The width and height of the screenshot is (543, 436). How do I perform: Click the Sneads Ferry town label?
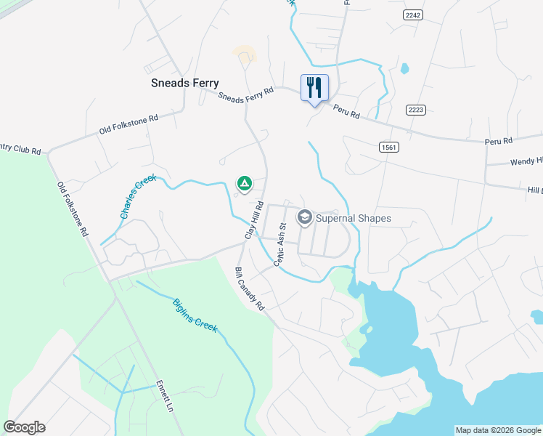184,83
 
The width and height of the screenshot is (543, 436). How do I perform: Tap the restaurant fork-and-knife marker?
314,88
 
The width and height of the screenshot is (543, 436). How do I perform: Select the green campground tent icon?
245,182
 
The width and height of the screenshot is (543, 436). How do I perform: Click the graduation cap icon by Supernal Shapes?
305,217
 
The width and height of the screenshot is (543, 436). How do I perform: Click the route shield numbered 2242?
413,15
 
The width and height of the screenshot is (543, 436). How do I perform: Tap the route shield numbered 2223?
416,109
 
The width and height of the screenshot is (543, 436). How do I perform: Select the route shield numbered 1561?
388,147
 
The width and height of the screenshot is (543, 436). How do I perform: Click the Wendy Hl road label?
526,161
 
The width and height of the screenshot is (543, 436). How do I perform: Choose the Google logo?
24,427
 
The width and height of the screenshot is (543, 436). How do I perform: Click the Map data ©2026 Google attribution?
498,430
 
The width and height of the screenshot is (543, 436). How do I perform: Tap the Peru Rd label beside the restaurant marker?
346,111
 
